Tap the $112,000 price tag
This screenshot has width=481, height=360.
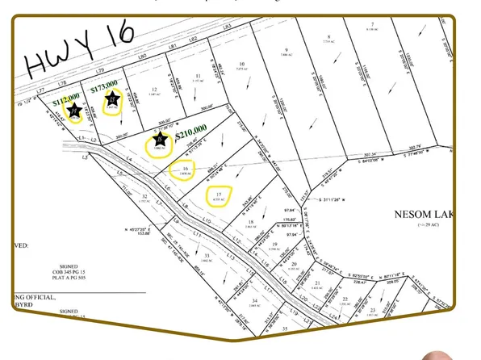(67, 103)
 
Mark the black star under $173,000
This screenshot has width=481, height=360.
(114, 100)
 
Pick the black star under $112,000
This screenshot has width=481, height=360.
(75, 111)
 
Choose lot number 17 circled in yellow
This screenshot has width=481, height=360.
(218, 192)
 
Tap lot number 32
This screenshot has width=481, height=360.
(145, 196)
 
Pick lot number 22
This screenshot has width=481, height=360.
(344, 298)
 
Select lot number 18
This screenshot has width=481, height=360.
(251, 222)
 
